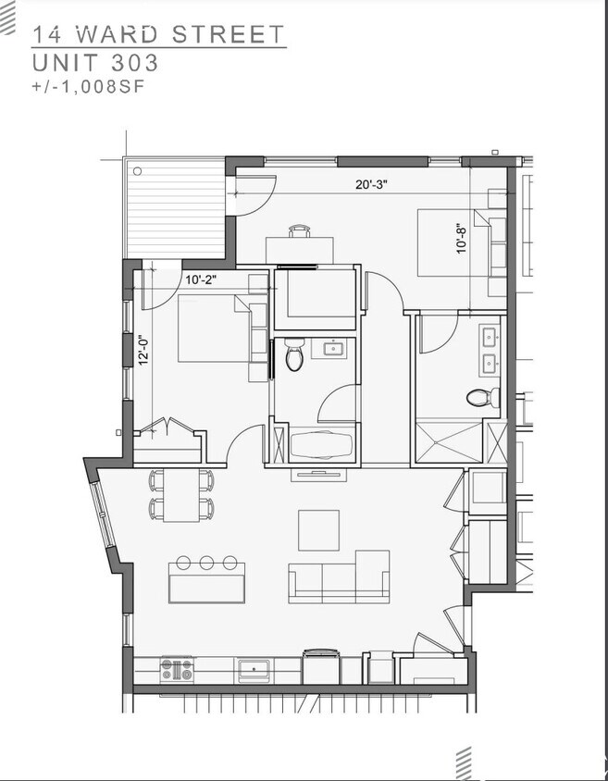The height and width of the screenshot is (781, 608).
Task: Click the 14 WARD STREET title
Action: coord(158,34)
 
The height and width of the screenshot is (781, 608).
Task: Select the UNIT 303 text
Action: coord(95,63)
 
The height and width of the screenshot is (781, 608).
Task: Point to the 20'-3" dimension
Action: coord(371,184)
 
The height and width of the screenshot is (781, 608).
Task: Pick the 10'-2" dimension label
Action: coord(201,279)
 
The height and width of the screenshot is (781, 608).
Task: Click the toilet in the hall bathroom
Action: coord(294,354)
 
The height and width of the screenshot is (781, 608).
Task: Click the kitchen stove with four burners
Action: coord(177,668)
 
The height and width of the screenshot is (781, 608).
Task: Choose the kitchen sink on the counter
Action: coord(253,668)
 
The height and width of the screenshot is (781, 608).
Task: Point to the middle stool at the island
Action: coord(206,563)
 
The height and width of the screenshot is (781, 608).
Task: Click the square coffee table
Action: coord(318,530)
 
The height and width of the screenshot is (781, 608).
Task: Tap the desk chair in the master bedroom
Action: coord(300,230)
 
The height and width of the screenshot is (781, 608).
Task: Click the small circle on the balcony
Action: coord(137,171)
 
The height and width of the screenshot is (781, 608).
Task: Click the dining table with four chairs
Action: coord(182,494)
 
